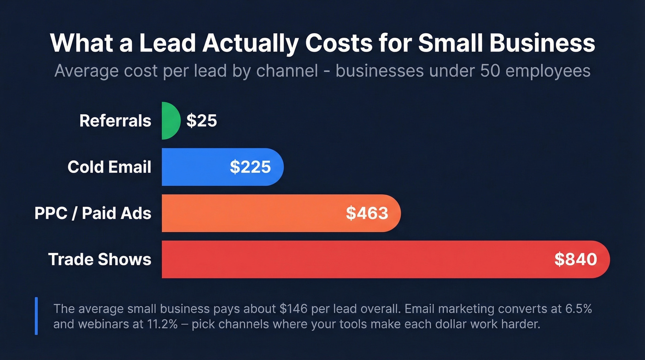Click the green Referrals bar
(x=170, y=121)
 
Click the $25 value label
(x=201, y=121)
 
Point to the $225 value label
(x=250, y=167)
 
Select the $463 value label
(x=367, y=213)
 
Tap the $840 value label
(x=575, y=259)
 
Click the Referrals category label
(x=115, y=121)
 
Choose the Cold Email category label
(x=109, y=167)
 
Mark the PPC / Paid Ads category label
(x=93, y=213)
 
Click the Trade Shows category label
(x=100, y=259)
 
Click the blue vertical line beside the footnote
(x=36, y=316)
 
